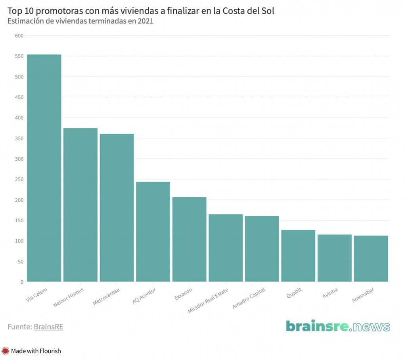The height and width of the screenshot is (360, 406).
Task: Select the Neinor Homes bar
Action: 80,205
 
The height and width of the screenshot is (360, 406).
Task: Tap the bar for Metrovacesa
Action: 117,208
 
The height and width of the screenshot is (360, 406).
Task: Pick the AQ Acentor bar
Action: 153,232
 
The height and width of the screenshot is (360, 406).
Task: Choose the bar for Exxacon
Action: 189,239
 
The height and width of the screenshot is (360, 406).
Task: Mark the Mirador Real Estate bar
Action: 226,248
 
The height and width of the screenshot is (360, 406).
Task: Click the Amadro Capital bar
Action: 262,249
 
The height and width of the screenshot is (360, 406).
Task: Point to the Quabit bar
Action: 298,256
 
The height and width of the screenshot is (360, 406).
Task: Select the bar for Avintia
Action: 335,258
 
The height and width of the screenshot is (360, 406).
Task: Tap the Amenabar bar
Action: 371,259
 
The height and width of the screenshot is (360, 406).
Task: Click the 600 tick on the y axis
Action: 19,36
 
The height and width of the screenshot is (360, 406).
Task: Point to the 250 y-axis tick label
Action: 19,179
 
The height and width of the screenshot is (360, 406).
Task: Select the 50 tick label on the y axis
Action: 21,262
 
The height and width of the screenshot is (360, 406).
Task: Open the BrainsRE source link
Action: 48,327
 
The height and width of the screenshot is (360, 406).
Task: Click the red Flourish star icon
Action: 6,351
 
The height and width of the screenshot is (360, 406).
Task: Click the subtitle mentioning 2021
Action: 80,21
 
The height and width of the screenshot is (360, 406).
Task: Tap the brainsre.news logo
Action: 338,326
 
